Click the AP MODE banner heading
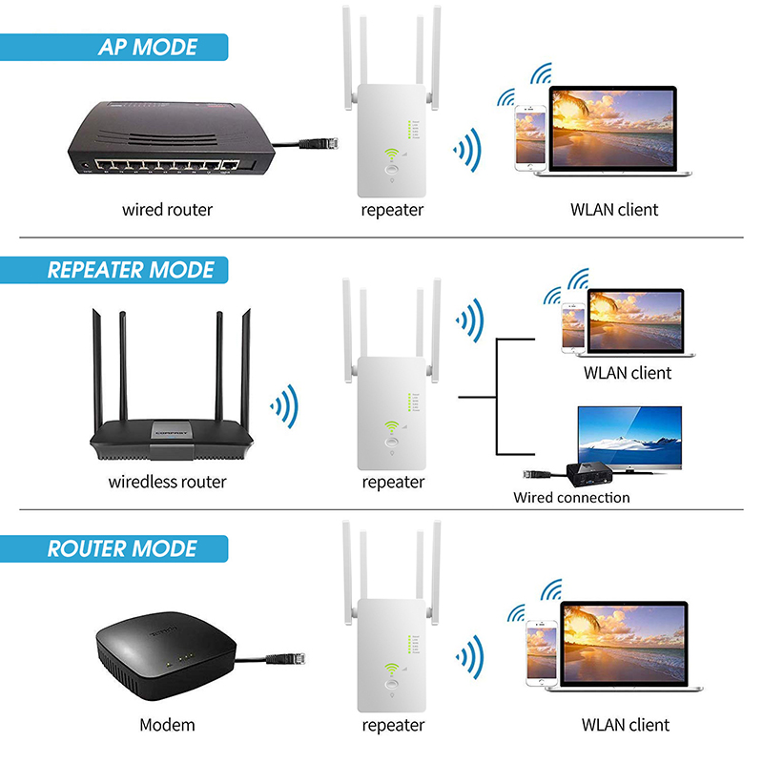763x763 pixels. click(x=148, y=47)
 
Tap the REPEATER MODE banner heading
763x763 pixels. click(x=132, y=270)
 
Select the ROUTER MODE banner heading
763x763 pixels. click(x=122, y=549)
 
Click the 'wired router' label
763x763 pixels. click(x=167, y=209)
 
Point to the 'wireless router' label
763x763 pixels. click(x=167, y=482)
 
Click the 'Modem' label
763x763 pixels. click(x=167, y=725)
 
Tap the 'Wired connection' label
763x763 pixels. click(x=571, y=497)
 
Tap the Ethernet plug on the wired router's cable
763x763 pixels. click(x=314, y=145)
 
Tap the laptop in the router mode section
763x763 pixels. click(x=625, y=649)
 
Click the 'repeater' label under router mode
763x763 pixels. click(x=393, y=725)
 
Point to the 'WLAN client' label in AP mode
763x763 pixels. click(x=614, y=209)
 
